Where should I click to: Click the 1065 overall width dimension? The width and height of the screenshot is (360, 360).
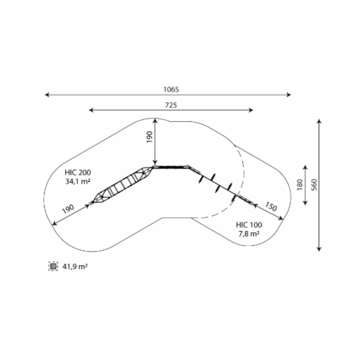tap(171, 89)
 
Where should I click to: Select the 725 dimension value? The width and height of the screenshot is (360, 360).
tap(171, 105)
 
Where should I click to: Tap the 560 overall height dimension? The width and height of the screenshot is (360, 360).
tap(314, 184)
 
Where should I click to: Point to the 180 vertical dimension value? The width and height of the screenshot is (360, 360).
tap(300, 184)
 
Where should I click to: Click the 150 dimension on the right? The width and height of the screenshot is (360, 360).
tap(271, 206)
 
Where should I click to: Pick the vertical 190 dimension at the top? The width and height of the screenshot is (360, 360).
tap(149, 137)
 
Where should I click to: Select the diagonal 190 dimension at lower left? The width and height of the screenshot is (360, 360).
tap(68, 209)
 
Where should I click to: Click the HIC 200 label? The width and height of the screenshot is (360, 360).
tap(78, 172)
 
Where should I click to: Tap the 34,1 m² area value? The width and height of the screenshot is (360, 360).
tap(78, 181)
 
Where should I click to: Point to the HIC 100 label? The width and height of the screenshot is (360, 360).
tap(249, 225)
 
